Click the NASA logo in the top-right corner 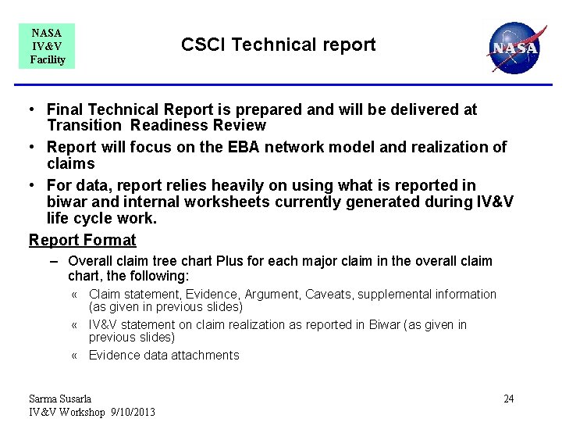pos(513,47)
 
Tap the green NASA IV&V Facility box pos(47,46)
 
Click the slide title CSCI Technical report pos(278,45)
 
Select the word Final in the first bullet pos(65,110)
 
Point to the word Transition pos(84,126)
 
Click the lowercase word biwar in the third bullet pos(66,202)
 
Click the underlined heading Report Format pos(82,240)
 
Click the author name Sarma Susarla pos(60,399)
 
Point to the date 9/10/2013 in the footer pos(132,413)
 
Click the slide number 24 pos(508,399)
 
